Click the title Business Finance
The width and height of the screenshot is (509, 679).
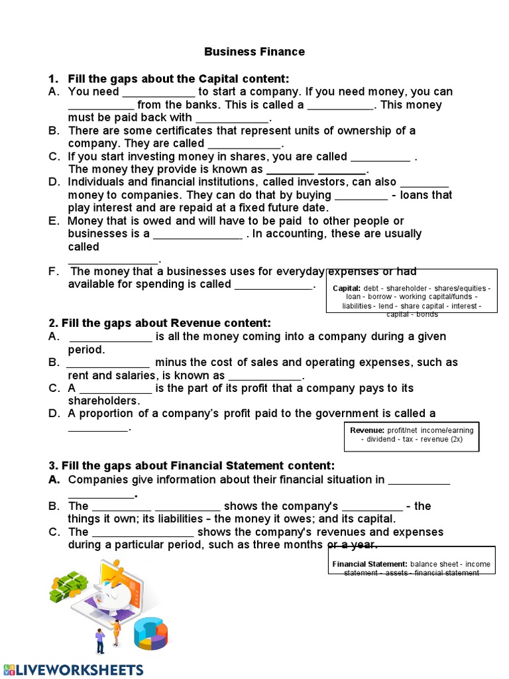pyautogui.click(x=254, y=52)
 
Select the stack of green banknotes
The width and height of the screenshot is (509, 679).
pyautogui.click(x=68, y=587)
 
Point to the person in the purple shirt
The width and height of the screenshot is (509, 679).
pyautogui.click(x=100, y=641)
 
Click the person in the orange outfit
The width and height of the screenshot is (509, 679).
pyautogui.click(x=117, y=631)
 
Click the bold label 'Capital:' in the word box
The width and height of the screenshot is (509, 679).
pyautogui.click(x=346, y=288)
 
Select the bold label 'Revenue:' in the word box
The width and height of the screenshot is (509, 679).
pyautogui.click(x=367, y=430)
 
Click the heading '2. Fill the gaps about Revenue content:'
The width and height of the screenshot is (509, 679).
pyautogui.click(x=160, y=323)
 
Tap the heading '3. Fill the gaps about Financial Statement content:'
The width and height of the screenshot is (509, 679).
pyautogui.click(x=192, y=465)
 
